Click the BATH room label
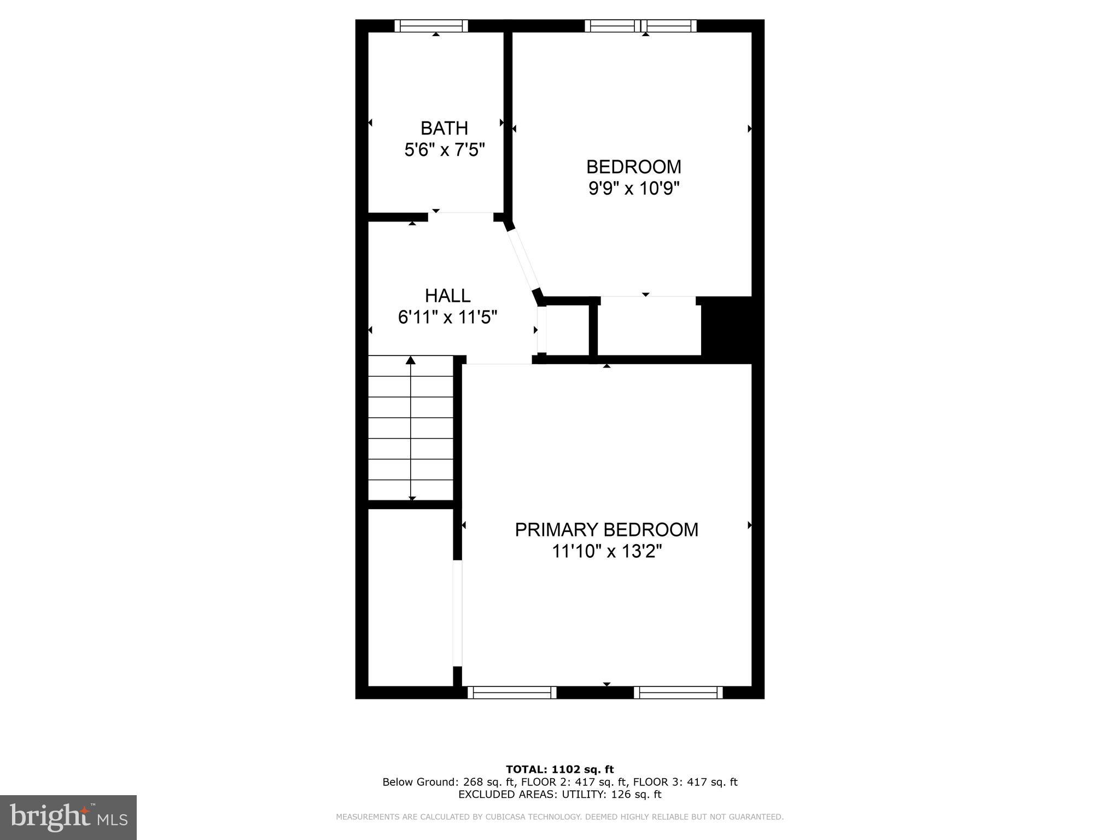[x=444, y=128]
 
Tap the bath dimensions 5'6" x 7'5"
[x=444, y=150]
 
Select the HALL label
[x=447, y=296]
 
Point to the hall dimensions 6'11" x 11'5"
[x=447, y=317]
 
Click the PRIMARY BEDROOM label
[x=606, y=530]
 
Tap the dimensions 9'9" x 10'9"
[x=634, y=189]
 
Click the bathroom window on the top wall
[x=431, y=26]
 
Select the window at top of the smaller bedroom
[x=641, y=26]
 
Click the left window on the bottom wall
[x=512, y=692]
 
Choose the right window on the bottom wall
[x=678, y=692]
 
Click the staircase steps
[x=411, y=429]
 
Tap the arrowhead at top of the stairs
[x=411, y=360]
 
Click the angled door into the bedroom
[x=523, y=260]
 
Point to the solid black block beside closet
[x=726, y=329]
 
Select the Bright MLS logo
[x=68, y=818]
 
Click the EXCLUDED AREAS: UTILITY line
[x=559, y=794]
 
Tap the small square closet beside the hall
[x=567, y=330]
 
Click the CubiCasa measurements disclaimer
[x=559, y=817]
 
